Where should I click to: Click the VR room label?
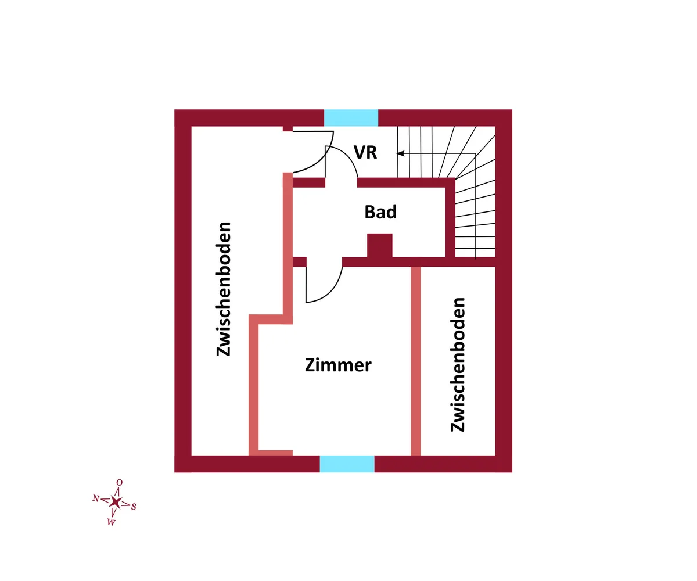[x=365, y=152]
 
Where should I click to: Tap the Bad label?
[x=380, y=211]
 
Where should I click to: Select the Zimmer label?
[x=338, y=365]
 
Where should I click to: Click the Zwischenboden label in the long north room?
[x=224, y=289]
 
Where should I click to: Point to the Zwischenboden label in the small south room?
[x=458, y=365]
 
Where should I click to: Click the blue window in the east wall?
[x=351, y=118]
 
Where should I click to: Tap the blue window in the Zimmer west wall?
[x=347, y=464]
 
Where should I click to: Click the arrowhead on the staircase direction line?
[x=400, y=153]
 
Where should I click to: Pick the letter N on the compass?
[x=96, y=498]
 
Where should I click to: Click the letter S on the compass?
[x=134, y=507]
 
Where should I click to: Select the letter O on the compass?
[x=120, y=482]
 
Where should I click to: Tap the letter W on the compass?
[x=112, y=522]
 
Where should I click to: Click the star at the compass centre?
[x=116, y=502]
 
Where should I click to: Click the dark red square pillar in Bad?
[x=380, y=245]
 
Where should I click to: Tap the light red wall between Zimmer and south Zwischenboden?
[x=416, y=361]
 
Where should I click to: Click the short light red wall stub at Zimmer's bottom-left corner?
[x=275, y=453]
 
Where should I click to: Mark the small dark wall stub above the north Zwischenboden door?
[x=288, y=128]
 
